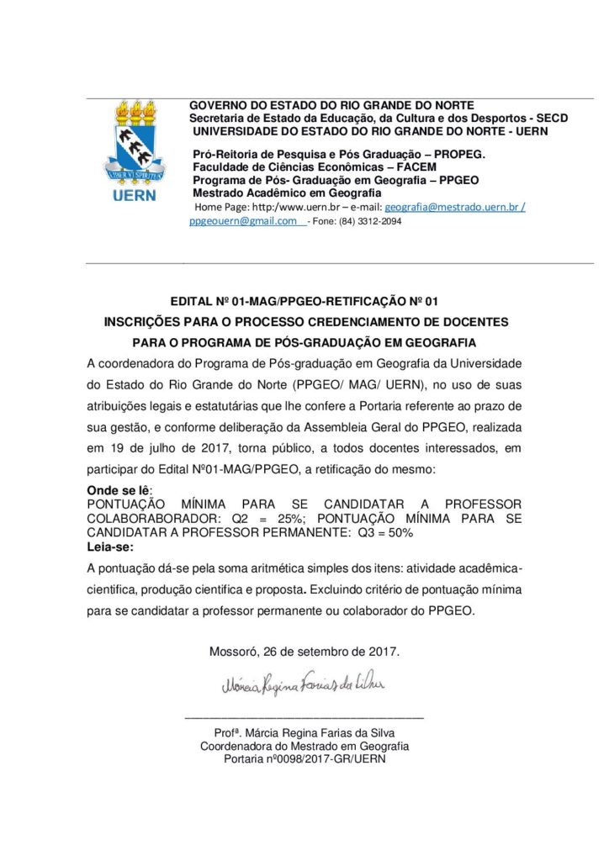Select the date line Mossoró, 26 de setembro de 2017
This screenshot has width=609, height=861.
[x=304, y=652]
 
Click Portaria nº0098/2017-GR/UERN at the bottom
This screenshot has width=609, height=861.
[x=304, y=759]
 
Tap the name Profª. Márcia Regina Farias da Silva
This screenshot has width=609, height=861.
[x=304, y=732]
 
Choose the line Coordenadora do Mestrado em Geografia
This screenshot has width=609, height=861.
[x=304, y=746]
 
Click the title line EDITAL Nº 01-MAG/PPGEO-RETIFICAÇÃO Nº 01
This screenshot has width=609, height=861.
[x=304, y=301]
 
